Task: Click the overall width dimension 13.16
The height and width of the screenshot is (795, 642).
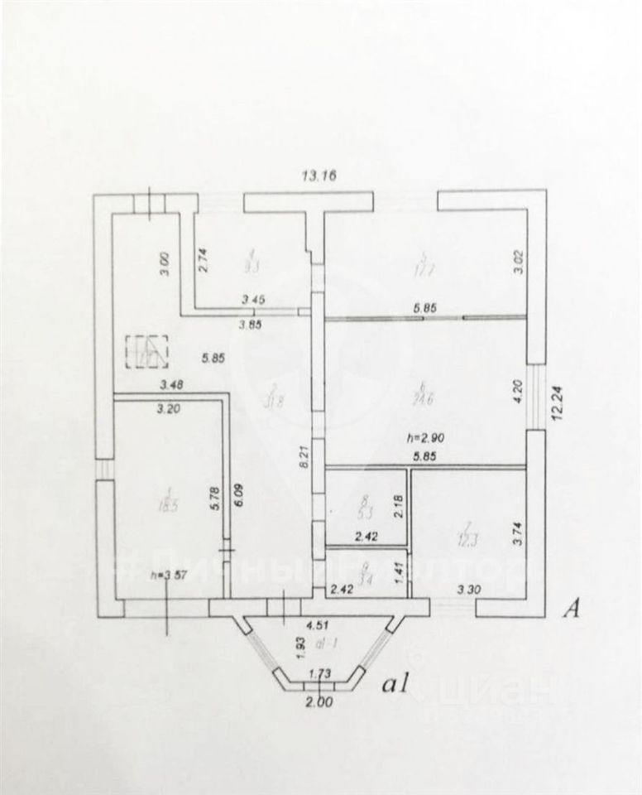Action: (x=320, y=176)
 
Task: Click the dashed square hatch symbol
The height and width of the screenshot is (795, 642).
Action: (x=146, y=351)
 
